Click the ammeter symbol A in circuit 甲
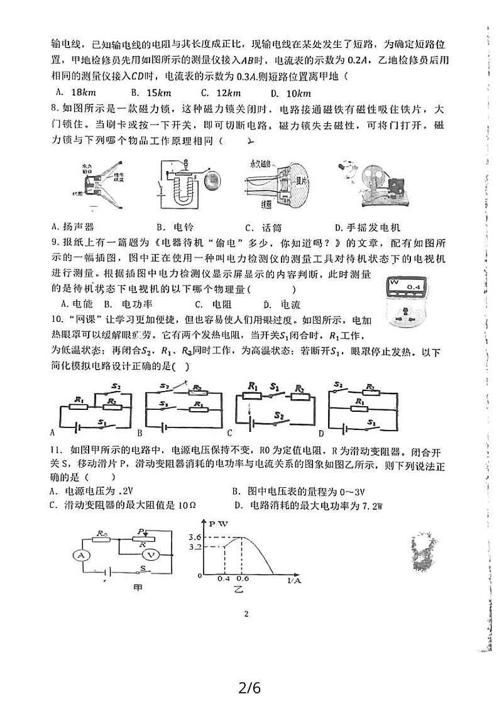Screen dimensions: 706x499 click(x=79, y=555)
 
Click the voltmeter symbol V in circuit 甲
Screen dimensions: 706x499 click(x=150, y=554)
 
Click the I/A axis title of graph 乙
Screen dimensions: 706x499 click(x=293, y=580)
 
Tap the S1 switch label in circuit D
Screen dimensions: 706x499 click(x=373, y=422)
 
